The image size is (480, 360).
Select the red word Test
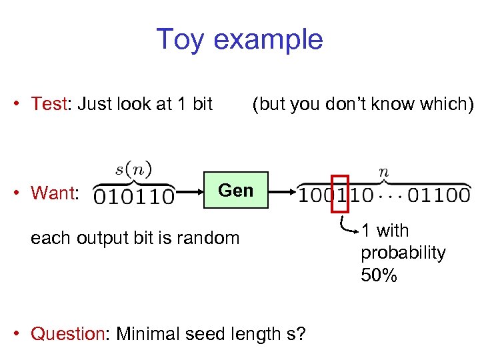click(x=49, y=104)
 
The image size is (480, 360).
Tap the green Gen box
click(x=236, y=190)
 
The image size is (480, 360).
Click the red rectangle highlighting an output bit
click(x=339, y=195)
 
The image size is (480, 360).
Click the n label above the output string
click(x=383, y=171)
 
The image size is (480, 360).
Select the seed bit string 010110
click(x=133, y=197)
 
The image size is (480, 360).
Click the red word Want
click(x=53, y=193)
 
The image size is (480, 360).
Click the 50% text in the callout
click(x=379, y=275)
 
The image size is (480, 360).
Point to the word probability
click(x=403, y=253)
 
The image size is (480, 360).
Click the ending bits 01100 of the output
click(x=439, y=196)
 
